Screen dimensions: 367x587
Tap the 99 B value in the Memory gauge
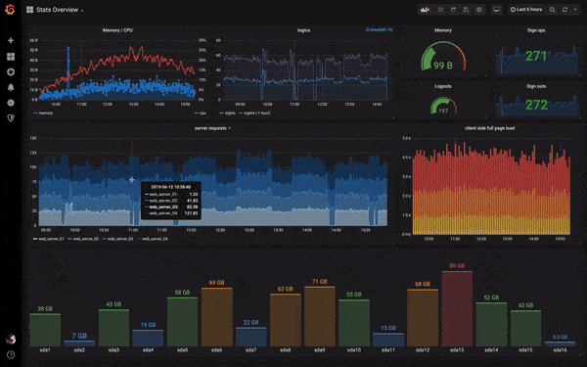point(442,65)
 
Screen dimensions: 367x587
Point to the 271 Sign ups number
point(535,57)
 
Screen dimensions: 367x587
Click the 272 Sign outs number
point(535,104)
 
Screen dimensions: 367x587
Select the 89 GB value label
point(457,266)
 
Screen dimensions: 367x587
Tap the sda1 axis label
point(46,349)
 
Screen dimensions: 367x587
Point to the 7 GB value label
point(79,336)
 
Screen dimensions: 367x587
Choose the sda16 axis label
point(559,349)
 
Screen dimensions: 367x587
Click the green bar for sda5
point(182,319)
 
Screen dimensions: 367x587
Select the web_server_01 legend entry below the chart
point(49,238)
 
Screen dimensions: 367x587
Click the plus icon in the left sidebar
point(11,41)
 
